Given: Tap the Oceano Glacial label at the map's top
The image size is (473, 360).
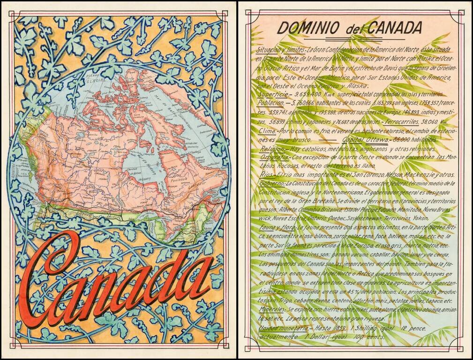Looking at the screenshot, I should click(94, 78).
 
